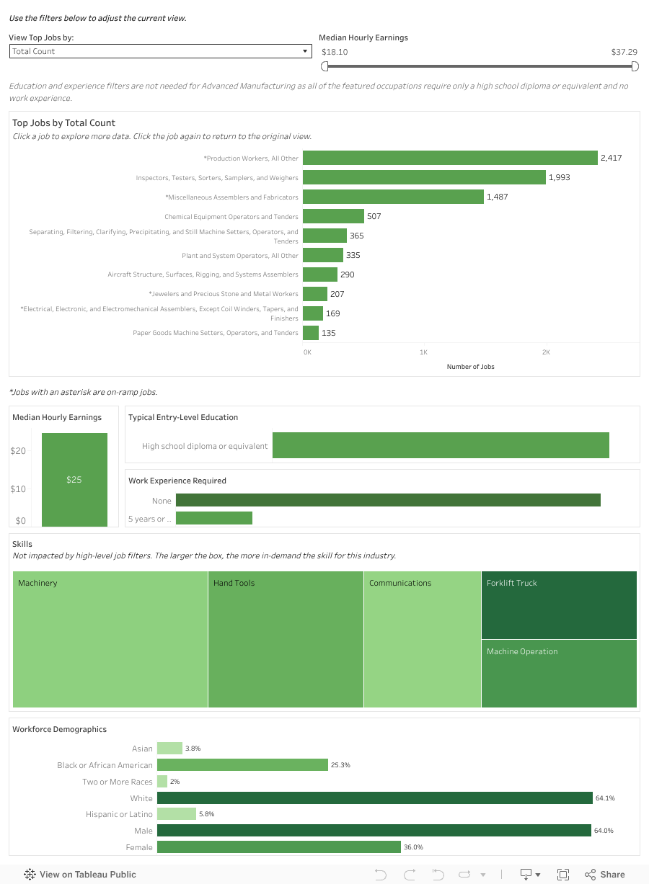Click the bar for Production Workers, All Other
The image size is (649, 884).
tap(450, 158)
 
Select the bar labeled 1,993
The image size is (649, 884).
tap(424, 177)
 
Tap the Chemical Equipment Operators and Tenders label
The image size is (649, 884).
tap(231, 217)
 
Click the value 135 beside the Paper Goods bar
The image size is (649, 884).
tap(329, 333)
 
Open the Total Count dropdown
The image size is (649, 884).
tap(160, 51)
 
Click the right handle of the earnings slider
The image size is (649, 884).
tap(635, 66)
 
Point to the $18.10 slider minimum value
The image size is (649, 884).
tap(335, 52)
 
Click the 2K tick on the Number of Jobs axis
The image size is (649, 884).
tap(546, 352)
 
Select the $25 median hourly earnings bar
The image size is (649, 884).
tap(74, 479)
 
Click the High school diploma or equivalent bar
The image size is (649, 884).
tap(441, 445)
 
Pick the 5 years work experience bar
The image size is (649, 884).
tap(214, 518)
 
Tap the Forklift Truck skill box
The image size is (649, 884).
tap(559, 605)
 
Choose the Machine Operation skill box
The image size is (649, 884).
tap(559, 674)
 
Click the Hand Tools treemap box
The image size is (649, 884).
tap(286, 640)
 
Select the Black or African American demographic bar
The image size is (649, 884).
tap(242, 765)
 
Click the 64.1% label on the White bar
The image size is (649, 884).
tap(605, 798)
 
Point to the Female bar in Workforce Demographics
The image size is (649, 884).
tap(278, 847)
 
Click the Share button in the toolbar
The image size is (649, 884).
tap(605, 875)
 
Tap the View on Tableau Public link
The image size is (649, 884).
tap(80, 875)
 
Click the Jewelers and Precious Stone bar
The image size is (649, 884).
tap(315, 294)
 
